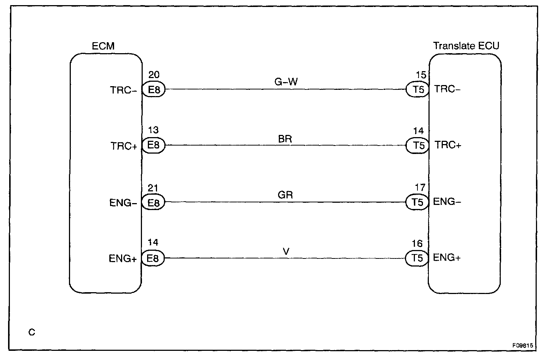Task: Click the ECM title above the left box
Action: (103, 46)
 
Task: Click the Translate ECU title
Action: (466, 46)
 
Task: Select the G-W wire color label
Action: (286, 82)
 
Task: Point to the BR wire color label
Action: (285, 139)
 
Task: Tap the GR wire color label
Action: (285, 195)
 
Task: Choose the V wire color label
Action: (286, 251)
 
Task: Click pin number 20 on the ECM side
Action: (154, 75)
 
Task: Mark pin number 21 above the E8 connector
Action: (153, 188)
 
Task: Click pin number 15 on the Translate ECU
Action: (421, 75)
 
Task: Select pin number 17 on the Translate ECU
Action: (420, 188)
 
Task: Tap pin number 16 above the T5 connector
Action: (417, 244)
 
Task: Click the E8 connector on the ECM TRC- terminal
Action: (154, 90)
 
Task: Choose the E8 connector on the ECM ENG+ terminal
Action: (153, 258)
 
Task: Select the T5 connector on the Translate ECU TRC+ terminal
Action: (418, 146)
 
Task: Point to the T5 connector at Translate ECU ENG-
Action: (417, 202)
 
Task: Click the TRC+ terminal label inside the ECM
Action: (124, 146)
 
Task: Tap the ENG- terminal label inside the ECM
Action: (123, 203)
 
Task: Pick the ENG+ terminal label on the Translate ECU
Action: (447, 258)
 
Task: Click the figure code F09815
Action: (522, 345)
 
